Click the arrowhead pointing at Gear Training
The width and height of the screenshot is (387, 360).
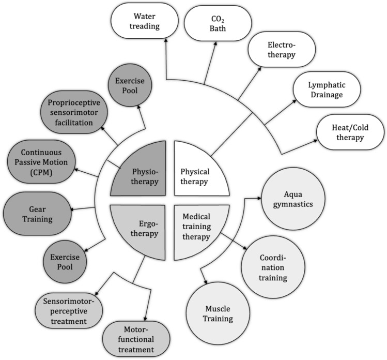72,209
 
